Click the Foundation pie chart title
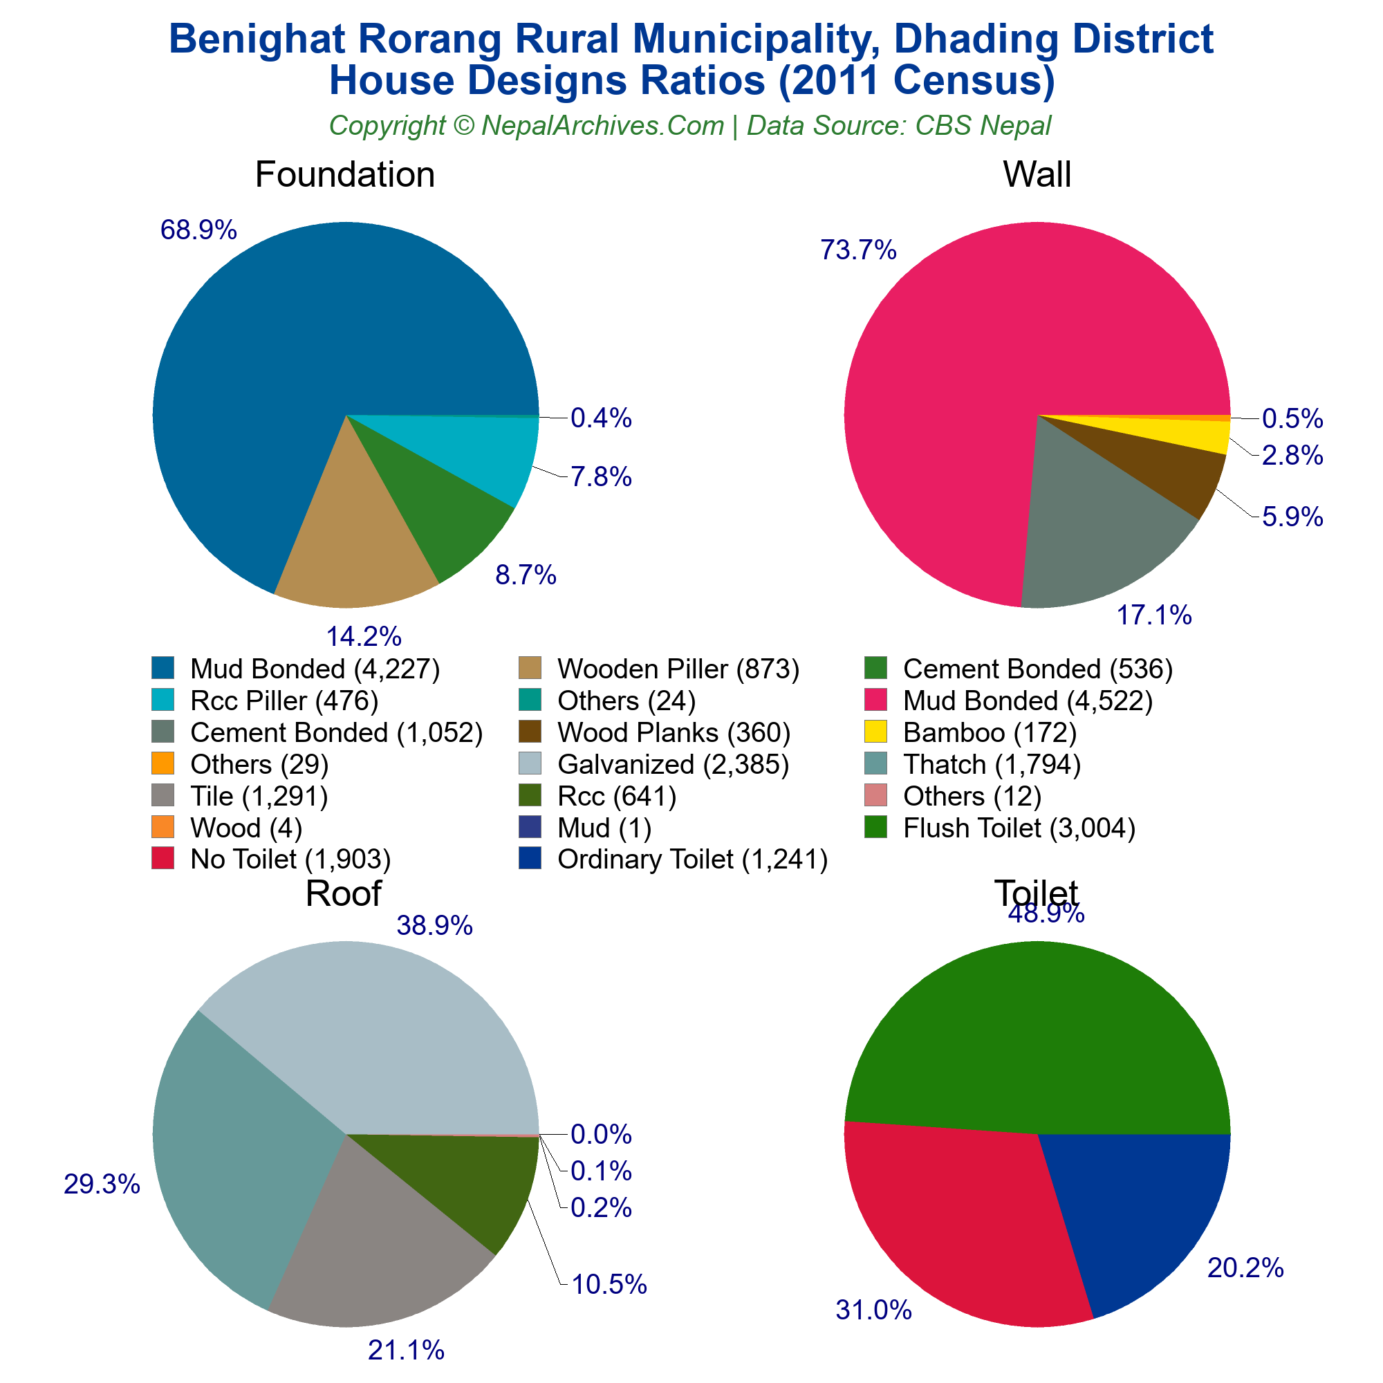click(344, 175)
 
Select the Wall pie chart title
click(1037, 175)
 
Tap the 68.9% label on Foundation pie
click(198, 230)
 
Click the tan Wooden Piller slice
click(351, 544)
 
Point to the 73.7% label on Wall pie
click(857, 250)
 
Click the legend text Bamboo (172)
click(990, 732)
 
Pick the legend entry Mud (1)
click(604, 828)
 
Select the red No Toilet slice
click(952, 1217)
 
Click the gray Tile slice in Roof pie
click(372, 1260)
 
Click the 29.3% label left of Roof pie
click(102, 1185)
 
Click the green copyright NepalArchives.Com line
click(690, 126)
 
